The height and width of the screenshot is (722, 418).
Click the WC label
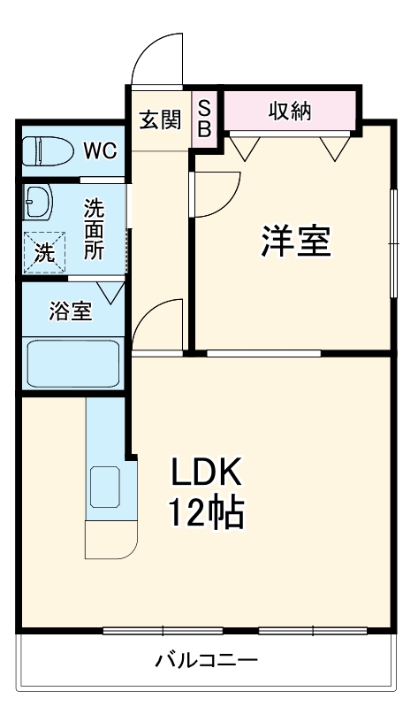click(x=99, y=150)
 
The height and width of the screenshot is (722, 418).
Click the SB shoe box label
click(x=203, y=119)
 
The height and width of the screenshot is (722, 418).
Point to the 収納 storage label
click(x=290, y=111)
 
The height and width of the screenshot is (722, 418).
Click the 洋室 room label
click(x=295, y=241)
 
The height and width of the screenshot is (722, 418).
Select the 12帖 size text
click(x=206, y=513)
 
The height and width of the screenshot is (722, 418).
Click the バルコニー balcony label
click(x=206, y=660)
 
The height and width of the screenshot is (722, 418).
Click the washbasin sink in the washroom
click(x=37, y=202)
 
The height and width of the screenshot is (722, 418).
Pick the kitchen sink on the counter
click(x=106, y=486)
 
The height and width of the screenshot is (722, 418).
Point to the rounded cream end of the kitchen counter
click(x=110, y=539)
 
